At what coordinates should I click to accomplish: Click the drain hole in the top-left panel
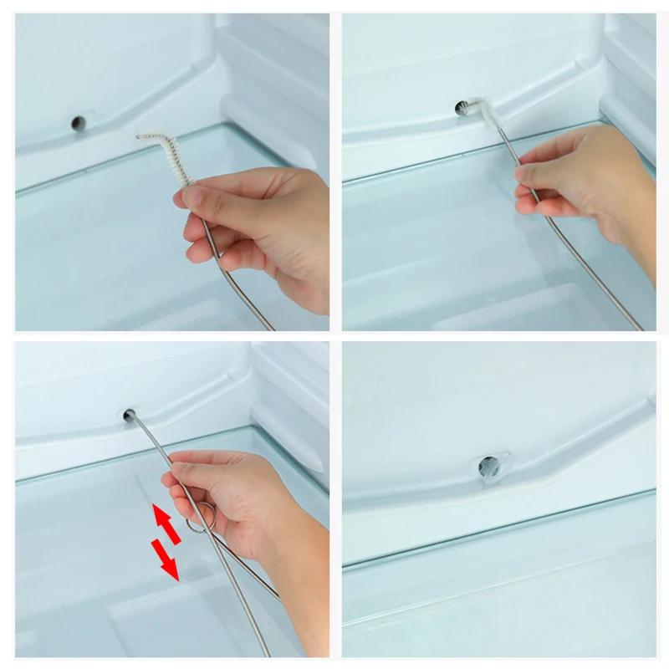tap(78, 122)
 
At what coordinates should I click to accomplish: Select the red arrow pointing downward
tap(165, 559)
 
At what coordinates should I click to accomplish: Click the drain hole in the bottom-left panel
tap(130, 414)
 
